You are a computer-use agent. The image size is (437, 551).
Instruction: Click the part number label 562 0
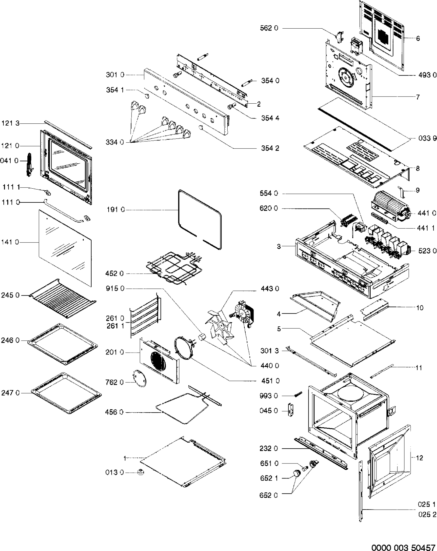269,28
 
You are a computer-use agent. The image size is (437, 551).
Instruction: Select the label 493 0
427,75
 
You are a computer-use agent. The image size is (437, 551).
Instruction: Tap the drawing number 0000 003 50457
404,546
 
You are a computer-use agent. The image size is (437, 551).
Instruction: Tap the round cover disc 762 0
140,379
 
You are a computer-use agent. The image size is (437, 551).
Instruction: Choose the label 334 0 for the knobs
115,142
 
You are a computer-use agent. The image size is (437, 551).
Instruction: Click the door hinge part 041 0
29,164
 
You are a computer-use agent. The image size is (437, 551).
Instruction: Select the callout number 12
419,458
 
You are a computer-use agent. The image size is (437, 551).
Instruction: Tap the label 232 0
269,449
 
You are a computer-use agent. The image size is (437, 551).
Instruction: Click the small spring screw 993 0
298,394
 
